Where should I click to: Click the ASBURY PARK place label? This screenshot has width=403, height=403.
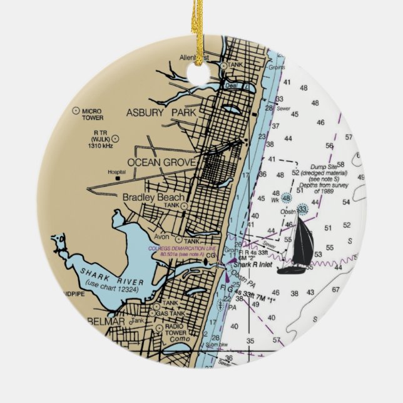pyautogui.click(x=161, y=113)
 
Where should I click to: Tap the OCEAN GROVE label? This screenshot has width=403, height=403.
pyautogui.click(x=161, y=163)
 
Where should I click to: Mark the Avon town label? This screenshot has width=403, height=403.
pyautogui.click(x=161, y=237)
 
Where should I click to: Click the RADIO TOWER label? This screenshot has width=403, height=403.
pyautogui.click(x=176, y=330)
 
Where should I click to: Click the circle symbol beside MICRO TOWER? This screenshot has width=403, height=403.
pyautogui.click(x=76, y=110)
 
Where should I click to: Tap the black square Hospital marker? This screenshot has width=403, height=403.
pyautogui.click(x=117, y=178)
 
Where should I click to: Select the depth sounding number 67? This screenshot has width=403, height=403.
pyautogui.click(x=335, y=290)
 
